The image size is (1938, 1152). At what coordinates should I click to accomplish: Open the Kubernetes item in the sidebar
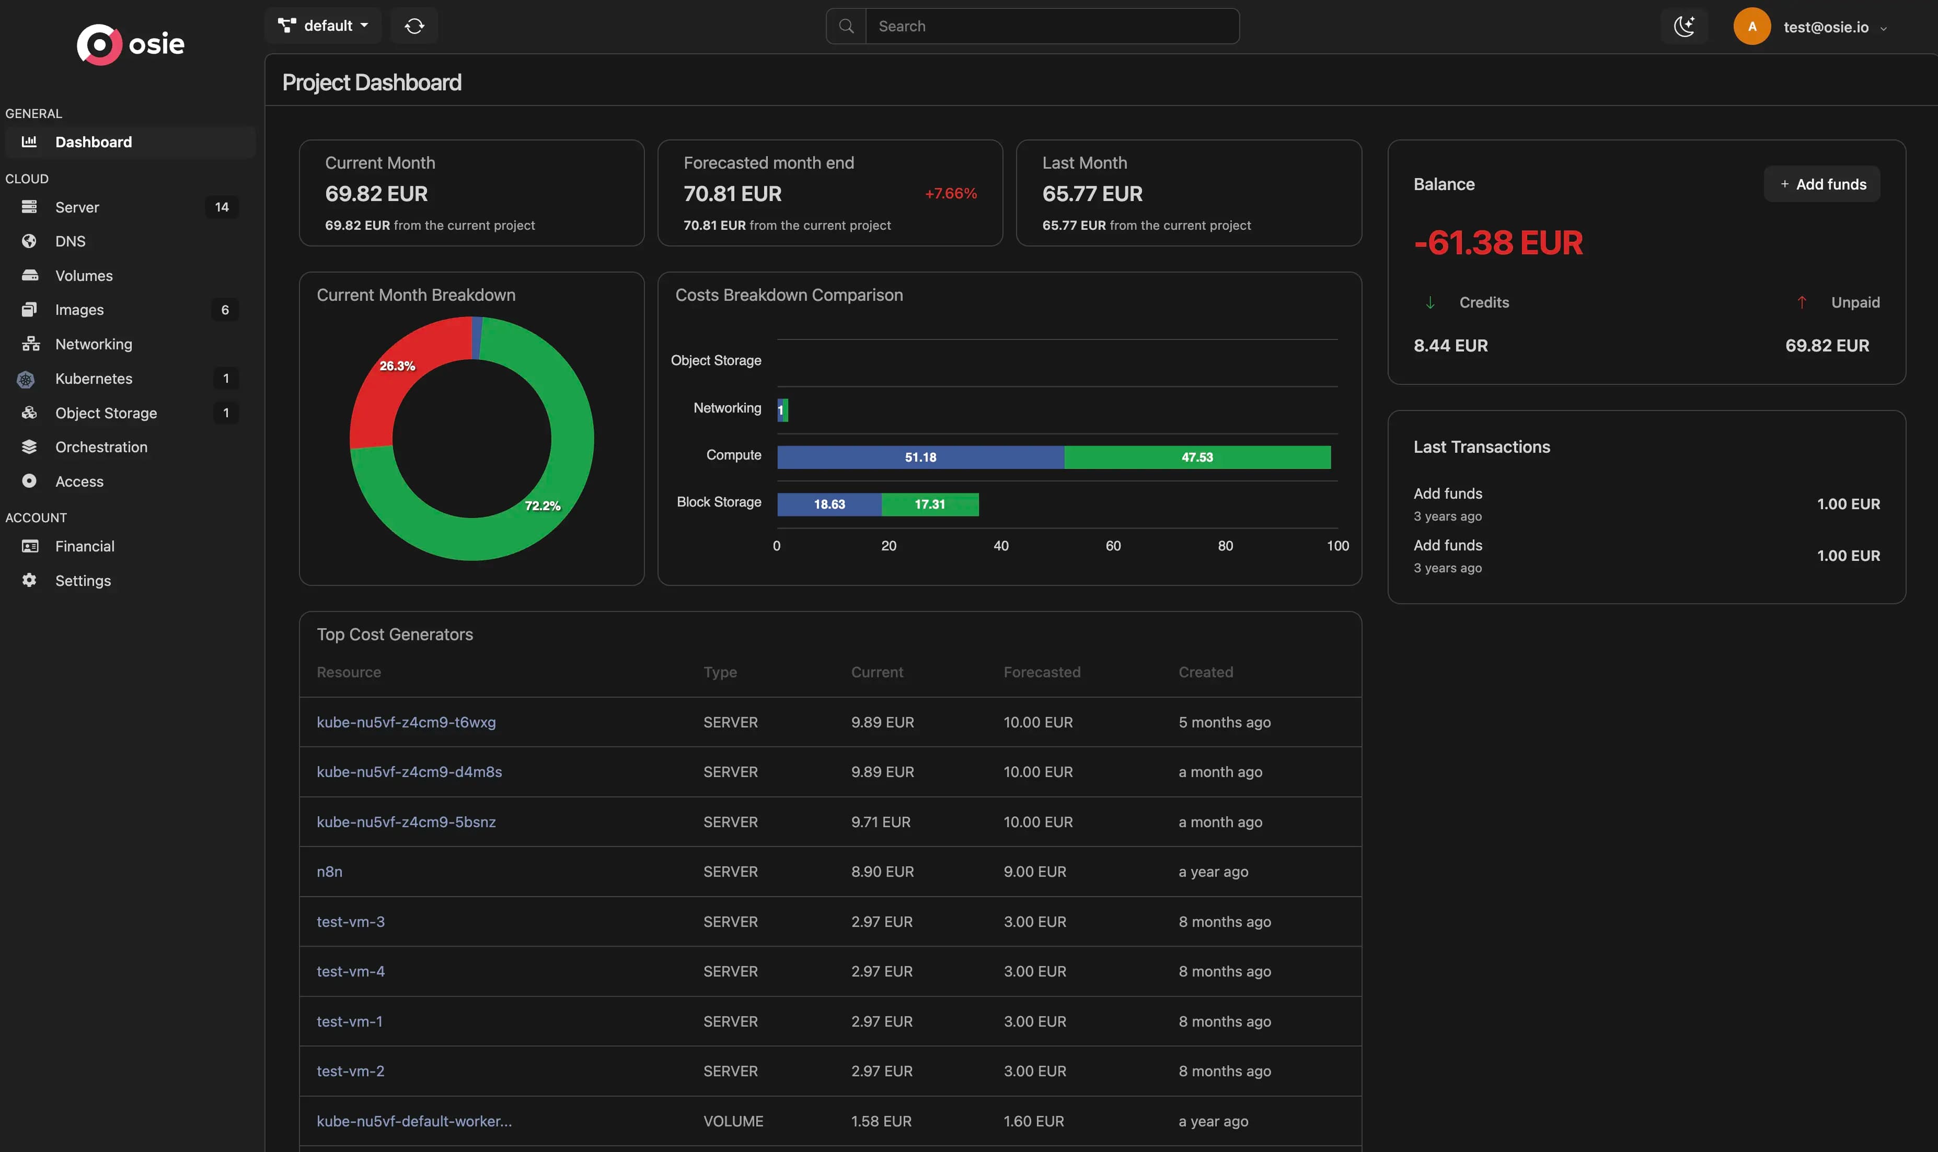[93, 379]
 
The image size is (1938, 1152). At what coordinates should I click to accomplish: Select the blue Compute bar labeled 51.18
[920, 457]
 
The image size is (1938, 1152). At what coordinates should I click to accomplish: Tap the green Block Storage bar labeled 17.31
[930, 504]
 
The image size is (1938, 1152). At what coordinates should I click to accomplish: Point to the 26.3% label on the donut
[397, 366]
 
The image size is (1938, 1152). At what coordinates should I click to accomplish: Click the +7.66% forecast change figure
[951, 193]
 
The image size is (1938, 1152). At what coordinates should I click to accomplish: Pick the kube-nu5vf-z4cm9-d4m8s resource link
[409, 772]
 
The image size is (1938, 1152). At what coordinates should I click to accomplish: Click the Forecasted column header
[1042, 672]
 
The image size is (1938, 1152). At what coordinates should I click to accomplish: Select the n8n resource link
[329, 872]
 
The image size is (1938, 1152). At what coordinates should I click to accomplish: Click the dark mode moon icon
[1684, 27]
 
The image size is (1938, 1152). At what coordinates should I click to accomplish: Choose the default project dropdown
[323, 26]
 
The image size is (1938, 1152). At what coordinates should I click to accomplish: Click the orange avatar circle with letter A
[1751, 27]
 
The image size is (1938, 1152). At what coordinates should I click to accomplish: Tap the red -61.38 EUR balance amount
[1497, 242]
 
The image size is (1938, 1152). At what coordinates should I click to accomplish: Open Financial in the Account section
[85, 547]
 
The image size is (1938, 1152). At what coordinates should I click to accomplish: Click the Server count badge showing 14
[222, 207]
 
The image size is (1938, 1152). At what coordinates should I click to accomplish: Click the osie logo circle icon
[99, 44]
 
